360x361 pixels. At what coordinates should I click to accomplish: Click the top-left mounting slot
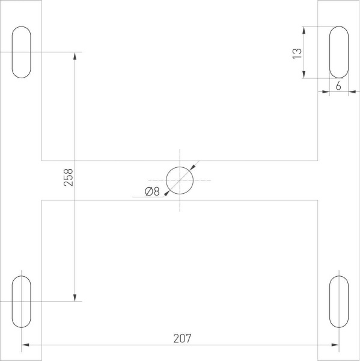21,52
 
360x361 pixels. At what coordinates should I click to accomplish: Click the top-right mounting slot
338,52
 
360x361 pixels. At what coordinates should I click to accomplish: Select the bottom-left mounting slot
21,301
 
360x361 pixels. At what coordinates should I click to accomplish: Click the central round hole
180,180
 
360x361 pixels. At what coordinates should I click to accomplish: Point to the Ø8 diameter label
152,192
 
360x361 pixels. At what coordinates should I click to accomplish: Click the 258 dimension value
68,177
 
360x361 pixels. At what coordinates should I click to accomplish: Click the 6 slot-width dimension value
338,86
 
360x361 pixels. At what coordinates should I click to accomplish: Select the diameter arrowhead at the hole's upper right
192,168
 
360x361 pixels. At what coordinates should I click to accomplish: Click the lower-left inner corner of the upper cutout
41,161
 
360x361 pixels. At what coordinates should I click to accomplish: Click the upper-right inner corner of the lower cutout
317,200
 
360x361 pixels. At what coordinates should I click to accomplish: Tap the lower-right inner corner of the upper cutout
317,161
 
